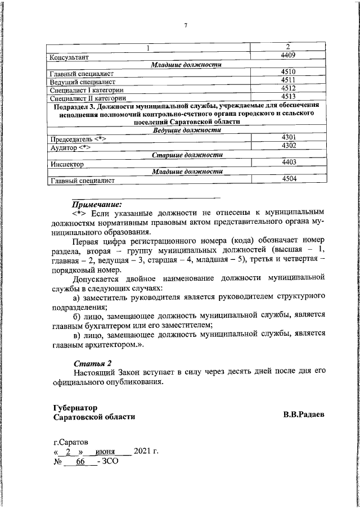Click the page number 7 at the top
point(185,25)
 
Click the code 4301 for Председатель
point(287,137)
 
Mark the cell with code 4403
point(287,162)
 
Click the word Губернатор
point(75,407)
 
